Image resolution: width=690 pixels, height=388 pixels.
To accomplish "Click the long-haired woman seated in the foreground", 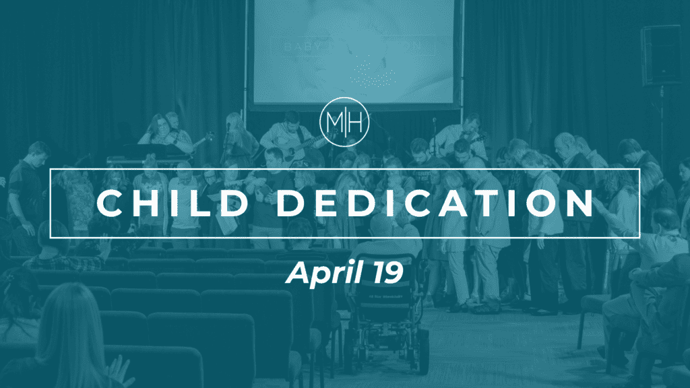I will point(67,337).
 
